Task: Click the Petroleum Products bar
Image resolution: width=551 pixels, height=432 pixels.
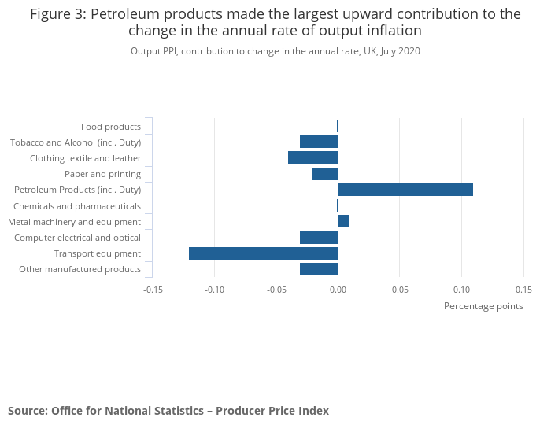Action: coord(405,190)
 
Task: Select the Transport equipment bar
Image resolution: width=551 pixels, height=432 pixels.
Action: coord(263,253)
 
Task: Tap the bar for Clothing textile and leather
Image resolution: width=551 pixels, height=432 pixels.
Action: coord(312,158)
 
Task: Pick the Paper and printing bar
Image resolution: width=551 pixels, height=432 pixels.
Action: coord(325,174)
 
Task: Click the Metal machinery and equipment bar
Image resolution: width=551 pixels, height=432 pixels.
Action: coord(343,221)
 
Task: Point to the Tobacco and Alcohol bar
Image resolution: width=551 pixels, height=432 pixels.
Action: coord(319,142)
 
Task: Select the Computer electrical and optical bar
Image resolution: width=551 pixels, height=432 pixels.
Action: coord(319,238)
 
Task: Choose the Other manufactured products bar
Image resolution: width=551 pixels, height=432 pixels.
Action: coord(319,269)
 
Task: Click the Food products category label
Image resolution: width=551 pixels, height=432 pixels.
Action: coord(111,127)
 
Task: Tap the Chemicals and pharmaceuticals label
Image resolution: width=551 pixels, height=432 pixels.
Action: coord(77,206)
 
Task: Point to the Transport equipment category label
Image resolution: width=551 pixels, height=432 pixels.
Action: coord(98,253)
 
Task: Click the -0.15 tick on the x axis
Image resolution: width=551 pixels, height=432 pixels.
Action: coord(153,289)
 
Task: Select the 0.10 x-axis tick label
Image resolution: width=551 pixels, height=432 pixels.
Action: coord(461,289)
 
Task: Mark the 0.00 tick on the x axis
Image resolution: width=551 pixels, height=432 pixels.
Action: coord(338,289)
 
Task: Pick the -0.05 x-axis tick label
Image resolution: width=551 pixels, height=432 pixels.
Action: coord(275,289)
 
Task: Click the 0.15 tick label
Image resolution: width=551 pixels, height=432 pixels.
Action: coord(523,289)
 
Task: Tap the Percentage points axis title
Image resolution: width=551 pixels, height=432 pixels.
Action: coord(483,306)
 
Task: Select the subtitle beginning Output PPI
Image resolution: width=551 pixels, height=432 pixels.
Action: coord(275,51)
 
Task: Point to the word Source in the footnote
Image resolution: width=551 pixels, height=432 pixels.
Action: coord(27,411)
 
